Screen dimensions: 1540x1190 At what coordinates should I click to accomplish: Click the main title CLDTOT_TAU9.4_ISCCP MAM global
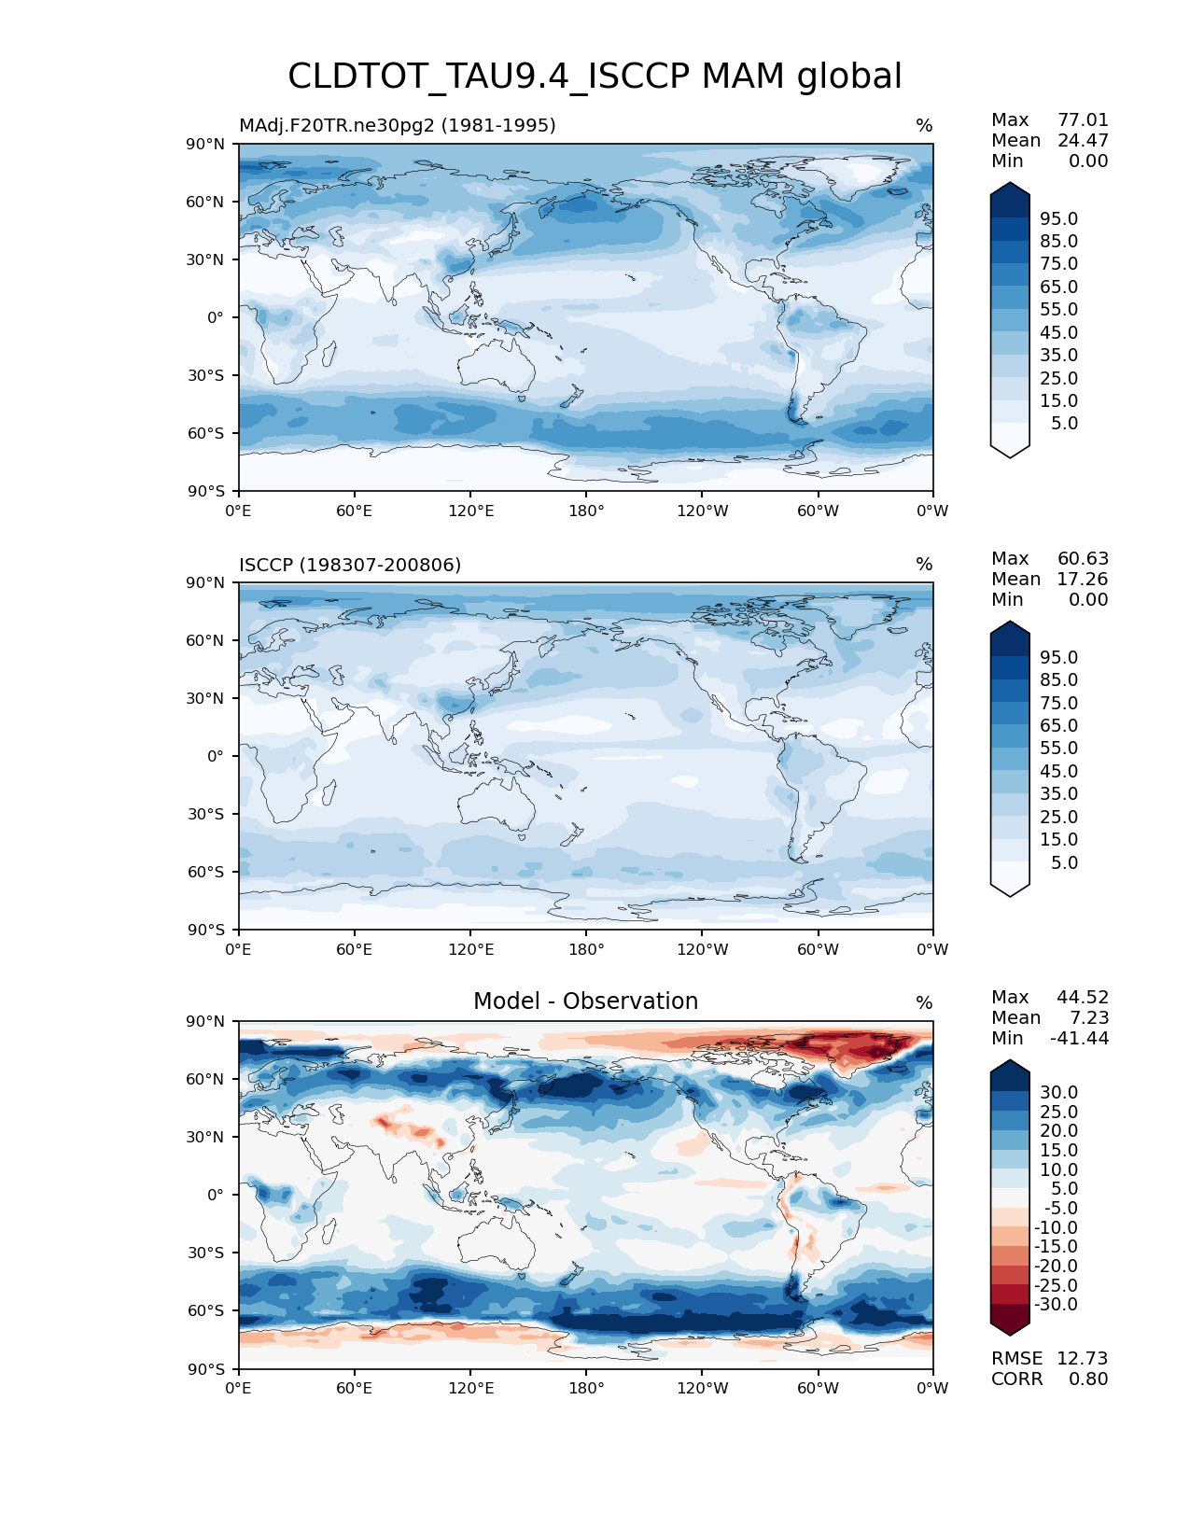595,77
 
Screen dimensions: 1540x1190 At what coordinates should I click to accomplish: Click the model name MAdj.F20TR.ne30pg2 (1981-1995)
398,125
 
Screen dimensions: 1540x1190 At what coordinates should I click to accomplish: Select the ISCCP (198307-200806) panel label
350,565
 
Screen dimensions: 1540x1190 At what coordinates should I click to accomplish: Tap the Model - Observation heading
585,1001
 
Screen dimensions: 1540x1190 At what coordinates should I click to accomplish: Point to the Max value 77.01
1083,120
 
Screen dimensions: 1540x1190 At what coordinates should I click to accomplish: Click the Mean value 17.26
1083,580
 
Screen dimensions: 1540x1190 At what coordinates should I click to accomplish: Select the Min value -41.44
1080,1039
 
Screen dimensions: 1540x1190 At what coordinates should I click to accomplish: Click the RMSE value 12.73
1083,1359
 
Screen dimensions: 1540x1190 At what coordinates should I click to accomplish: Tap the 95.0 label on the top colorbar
1059,219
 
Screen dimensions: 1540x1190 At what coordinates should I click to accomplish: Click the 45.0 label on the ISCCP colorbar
1059,772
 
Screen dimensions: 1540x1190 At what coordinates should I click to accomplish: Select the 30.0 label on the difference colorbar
1059,1093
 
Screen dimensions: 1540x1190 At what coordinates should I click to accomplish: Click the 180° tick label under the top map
586,511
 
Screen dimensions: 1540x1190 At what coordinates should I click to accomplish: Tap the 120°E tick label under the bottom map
470,1389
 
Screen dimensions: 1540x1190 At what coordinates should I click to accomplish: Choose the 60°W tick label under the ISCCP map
818,950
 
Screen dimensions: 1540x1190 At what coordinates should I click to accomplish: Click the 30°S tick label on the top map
205,376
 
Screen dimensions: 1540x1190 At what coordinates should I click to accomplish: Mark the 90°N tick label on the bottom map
205,1022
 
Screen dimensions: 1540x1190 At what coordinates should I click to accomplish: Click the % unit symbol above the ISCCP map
924,565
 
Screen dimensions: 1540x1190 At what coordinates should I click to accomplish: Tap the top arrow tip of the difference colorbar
1010,1061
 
